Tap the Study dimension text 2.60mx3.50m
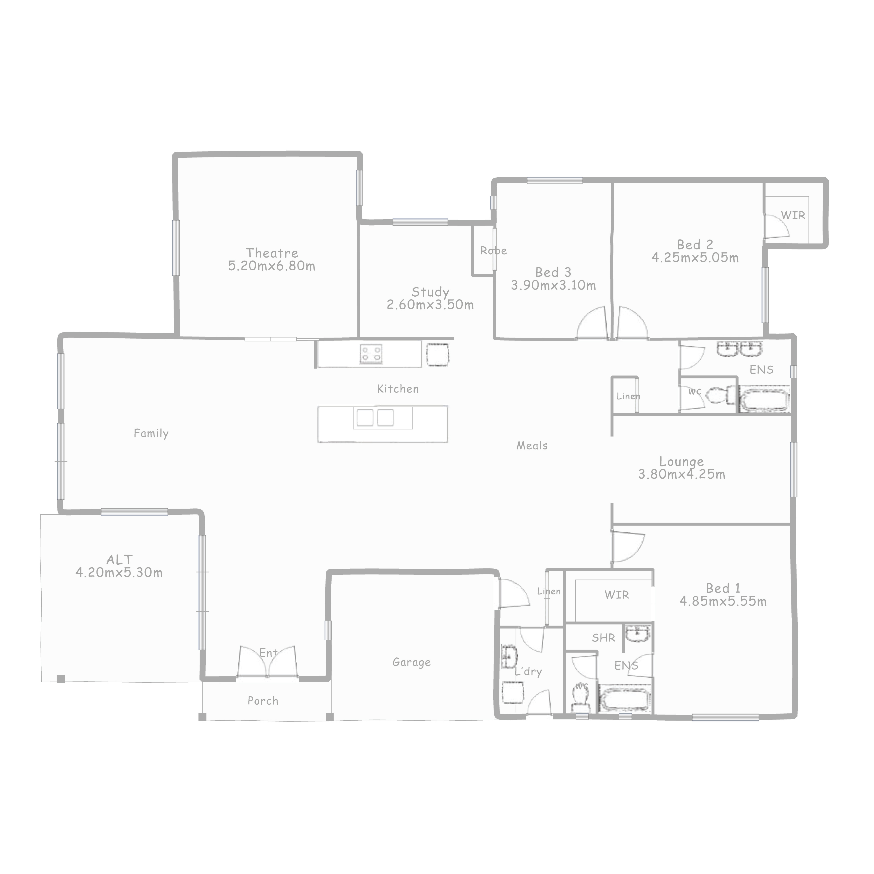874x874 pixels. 430,304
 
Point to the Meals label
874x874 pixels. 532,446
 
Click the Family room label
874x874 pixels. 151,433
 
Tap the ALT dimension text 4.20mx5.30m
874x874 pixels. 119,572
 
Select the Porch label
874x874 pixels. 263,701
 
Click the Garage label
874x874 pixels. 412,662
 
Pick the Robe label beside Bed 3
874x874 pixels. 494,251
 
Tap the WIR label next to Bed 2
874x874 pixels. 793,215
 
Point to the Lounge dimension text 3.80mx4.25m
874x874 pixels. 682,474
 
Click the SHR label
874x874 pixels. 603,638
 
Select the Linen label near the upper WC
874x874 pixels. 628,396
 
